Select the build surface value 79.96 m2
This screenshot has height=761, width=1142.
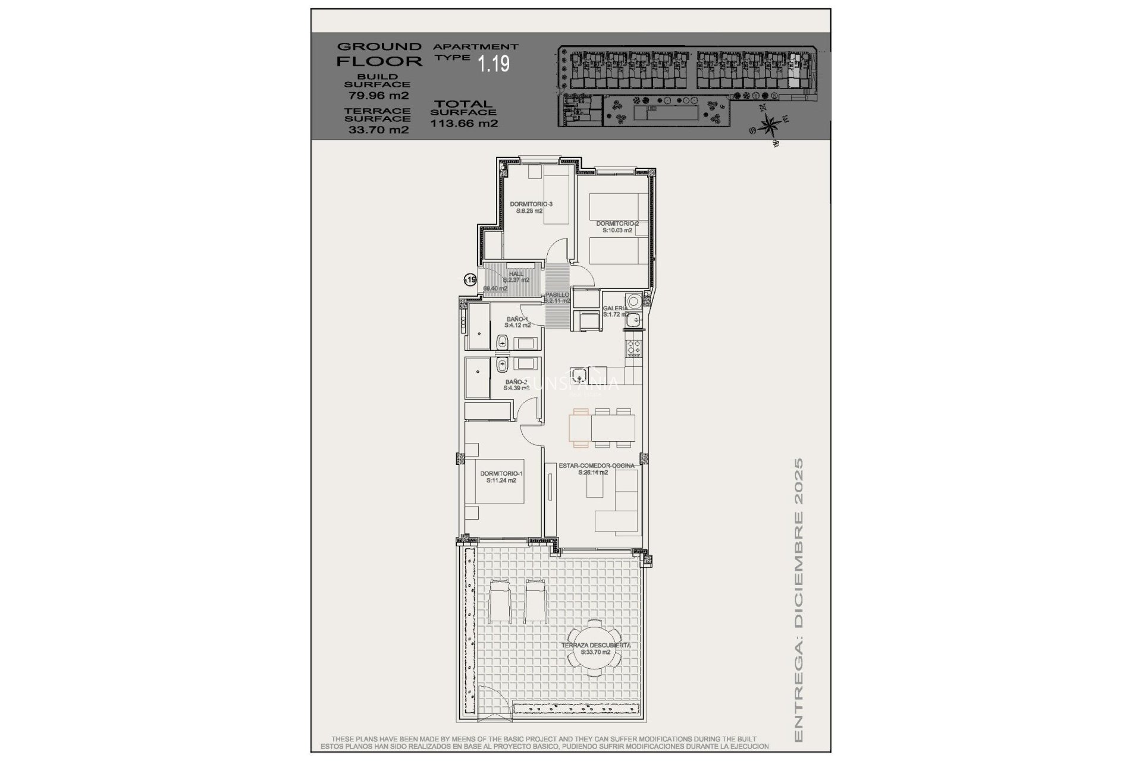click(378, 95)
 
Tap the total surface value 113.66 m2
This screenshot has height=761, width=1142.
click(464, 124)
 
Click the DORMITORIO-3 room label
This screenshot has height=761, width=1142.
click(531, 205)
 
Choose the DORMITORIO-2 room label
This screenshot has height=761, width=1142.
click(617, 224)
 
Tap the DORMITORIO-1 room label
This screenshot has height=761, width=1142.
click(501, 474)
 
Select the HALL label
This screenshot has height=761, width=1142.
click(516, 273)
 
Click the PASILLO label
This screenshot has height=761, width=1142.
click(557, 295)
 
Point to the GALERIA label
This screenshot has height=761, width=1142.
click(615, 309)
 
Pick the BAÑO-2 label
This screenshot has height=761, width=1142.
click(516, 382)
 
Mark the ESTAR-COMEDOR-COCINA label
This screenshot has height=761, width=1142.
click(596, 466)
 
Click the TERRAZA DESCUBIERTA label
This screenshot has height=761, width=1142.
click(596, 645)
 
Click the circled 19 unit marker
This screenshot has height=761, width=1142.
click(470, 279)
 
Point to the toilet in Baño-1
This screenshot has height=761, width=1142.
click(502, 342)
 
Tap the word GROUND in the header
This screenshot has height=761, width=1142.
click(379, 46)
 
